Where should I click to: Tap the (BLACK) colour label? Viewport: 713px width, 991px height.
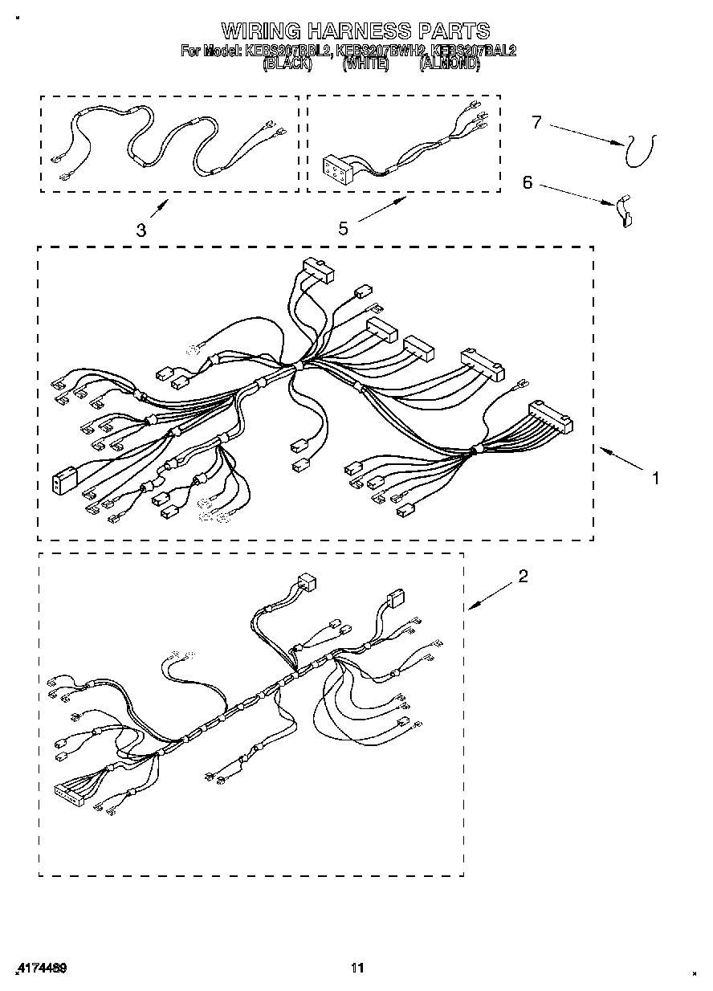[287, 65]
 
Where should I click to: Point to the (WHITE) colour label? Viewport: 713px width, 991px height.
[365, 65]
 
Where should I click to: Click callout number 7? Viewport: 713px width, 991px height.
[536, 122]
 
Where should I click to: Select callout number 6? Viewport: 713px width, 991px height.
[528, 183]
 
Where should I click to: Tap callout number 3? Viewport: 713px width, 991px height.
[141, 231]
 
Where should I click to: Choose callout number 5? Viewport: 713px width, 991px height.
[343, 230]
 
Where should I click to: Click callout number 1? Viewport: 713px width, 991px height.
[656, 478]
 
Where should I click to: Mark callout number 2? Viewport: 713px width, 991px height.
[523, 576]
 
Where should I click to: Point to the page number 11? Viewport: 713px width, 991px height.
[358, 968]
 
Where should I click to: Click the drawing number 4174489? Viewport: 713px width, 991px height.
[40, 969]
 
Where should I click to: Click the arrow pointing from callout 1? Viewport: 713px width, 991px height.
[623, 460]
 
